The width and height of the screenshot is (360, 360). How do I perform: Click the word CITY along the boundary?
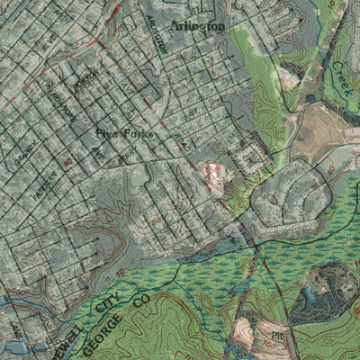click(106, 297)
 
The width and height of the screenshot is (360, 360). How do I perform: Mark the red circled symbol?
click(211, 168)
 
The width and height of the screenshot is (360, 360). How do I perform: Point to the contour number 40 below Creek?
click(331, 166)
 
